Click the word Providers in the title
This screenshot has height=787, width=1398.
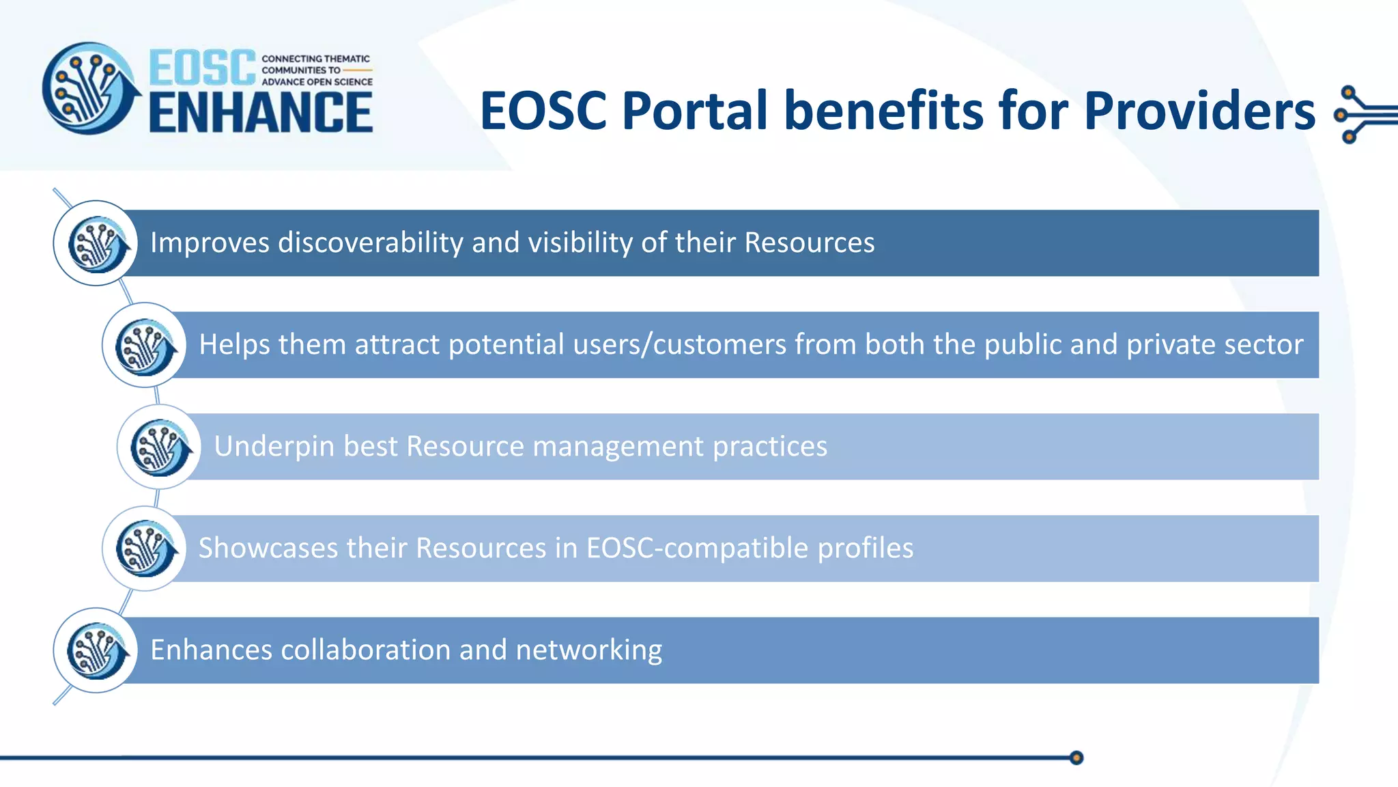(1199, 111)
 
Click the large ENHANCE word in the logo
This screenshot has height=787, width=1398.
(260, 113)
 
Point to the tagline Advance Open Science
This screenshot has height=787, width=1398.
(317, 82)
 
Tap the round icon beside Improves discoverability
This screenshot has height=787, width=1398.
(96, 243)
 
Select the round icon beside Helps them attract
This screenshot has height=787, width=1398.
(145, 345)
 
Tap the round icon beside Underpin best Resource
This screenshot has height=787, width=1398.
(160, 447)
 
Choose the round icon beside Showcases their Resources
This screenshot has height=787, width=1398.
(145, 549)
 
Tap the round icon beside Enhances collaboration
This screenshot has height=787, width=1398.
(96, 650)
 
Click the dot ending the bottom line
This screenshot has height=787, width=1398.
(1076, 758)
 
